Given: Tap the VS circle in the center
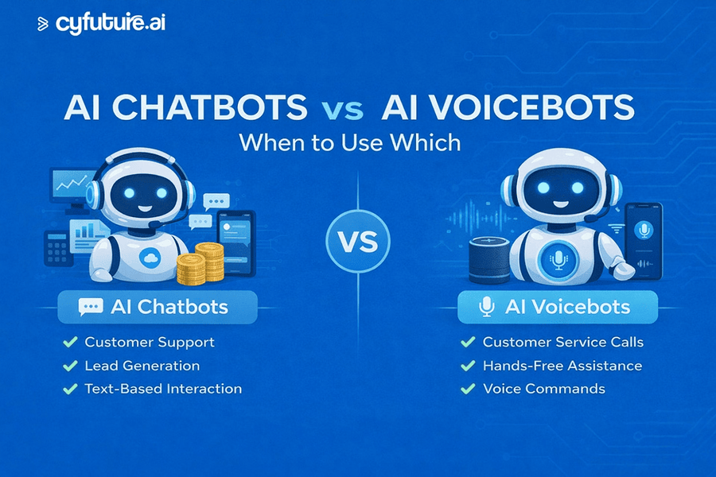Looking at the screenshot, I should point(358,240).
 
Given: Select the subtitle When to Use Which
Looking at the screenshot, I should point(350,143).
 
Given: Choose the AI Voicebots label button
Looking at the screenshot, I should point(557,307).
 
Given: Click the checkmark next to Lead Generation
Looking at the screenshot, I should point(69,366).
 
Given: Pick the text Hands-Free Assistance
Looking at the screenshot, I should point(562,366).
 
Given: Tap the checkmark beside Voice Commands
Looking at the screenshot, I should point(467,389).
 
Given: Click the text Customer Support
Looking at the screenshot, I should point(150,343).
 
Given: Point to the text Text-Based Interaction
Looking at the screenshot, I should point(163,389).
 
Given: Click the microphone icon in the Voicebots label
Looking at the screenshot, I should point(484,307).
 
